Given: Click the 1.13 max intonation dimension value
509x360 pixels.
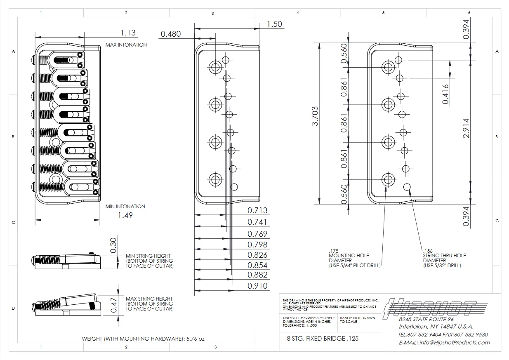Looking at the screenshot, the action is (x=128, y=33).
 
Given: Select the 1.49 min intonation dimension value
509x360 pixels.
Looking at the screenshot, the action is (x=125, y=215).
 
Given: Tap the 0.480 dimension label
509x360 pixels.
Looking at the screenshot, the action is (x=171, y=34).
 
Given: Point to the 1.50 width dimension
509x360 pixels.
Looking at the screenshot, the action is (x=274, y=24).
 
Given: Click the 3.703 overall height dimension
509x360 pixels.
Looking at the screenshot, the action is (x=315, y=116).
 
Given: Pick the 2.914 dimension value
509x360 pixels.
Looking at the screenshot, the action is (x=466, y=128).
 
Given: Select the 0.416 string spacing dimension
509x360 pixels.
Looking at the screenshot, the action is (x=445, y=94).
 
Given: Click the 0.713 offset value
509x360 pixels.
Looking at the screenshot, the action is (x=257, y=210).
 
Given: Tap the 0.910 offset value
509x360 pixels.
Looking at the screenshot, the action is (x=257, y=286).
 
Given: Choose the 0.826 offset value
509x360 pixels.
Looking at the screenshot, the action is (x=257, y=255).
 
